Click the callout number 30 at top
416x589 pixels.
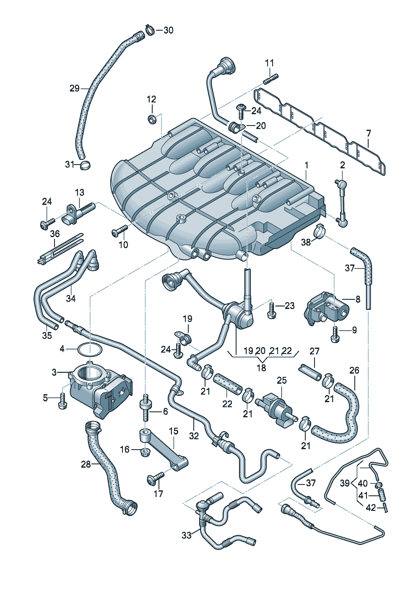168,30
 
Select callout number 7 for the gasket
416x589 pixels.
368,134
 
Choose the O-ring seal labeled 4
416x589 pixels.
90,349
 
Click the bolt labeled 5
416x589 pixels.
62,401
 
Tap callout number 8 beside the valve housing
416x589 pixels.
358,299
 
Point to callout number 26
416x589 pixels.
354,371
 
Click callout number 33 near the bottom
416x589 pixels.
186,535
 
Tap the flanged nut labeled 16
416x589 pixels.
145,452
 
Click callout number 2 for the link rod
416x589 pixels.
342,165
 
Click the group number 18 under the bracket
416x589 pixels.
261,368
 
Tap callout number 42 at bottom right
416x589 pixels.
371,508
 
